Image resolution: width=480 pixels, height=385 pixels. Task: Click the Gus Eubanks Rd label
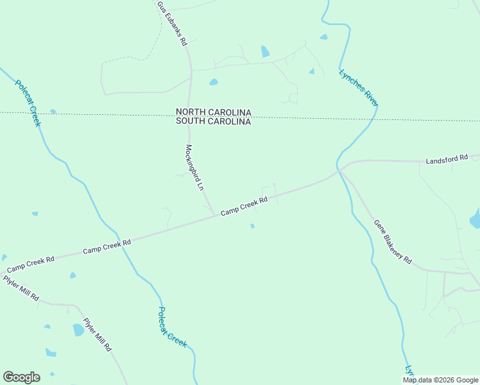pos(171,24)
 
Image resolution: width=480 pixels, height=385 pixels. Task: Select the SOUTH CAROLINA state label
pos(213,121)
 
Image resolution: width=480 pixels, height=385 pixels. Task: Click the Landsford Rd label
pos(452,159)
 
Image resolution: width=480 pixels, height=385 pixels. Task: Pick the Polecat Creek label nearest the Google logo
pos(173,327)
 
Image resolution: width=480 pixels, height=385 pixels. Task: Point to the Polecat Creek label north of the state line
pos(28,103)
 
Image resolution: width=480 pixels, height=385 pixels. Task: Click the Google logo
pos(21,377)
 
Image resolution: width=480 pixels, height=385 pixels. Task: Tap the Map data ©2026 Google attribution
pos(440,380)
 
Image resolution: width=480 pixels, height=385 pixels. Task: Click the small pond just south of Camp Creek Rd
pos(252,226)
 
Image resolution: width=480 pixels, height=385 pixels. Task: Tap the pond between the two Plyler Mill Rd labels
pos(78,330)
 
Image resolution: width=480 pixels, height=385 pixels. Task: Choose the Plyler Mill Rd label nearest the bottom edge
pos(98,334)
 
